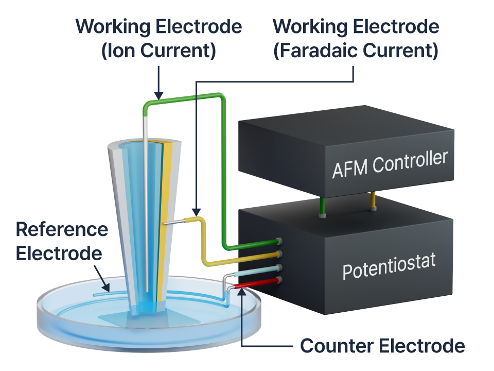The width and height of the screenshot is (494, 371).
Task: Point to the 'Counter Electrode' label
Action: (382, 346)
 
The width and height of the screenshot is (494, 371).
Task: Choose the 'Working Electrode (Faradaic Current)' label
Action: (356, 39)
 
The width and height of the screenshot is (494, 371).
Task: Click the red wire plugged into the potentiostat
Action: (257, 283)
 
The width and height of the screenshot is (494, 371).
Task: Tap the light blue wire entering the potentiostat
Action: (257, 272)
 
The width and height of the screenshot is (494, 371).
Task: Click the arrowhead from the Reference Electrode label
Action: (107, 290)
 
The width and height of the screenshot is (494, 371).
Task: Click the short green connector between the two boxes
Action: (322, 206)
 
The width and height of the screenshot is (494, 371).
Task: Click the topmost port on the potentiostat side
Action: (280, 241)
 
